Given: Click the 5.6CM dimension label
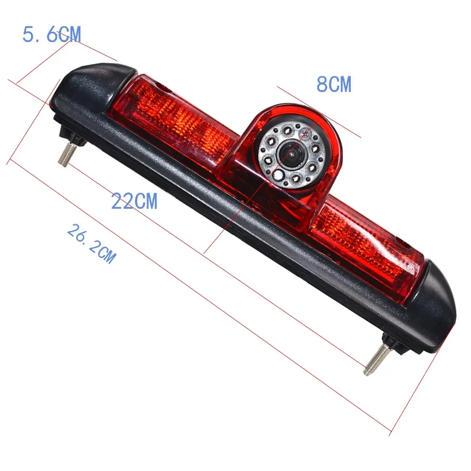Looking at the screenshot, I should (52, 34).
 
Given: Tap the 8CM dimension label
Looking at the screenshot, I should (333, 85).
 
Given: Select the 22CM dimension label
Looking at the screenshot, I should (134, 201).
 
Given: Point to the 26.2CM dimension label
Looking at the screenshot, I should (90, 244).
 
